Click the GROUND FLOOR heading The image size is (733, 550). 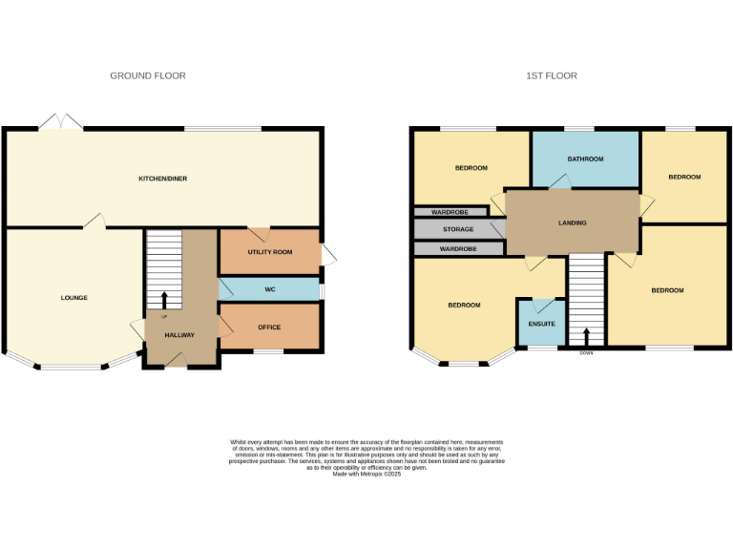tap(148, 75)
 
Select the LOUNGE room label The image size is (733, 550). tap(74, 298)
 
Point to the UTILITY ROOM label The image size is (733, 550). tap(270, 252)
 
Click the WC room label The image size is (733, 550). tap(269, 289)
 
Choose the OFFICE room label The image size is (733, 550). tap(269, 328)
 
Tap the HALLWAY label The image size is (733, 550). tap(179, 335)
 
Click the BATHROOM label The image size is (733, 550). tap(585, 159)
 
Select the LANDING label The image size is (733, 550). tap(573, 223)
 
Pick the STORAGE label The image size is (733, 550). tap(458, 230)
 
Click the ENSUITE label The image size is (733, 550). tap(541, 324)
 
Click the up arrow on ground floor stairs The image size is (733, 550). tap(164, 300)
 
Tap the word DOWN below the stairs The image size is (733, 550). tap(586, 352)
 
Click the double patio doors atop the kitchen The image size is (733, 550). tap(61, 122)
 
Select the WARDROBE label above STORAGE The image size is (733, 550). tap(448, 212)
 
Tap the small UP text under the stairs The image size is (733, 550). tap(164, 316)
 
